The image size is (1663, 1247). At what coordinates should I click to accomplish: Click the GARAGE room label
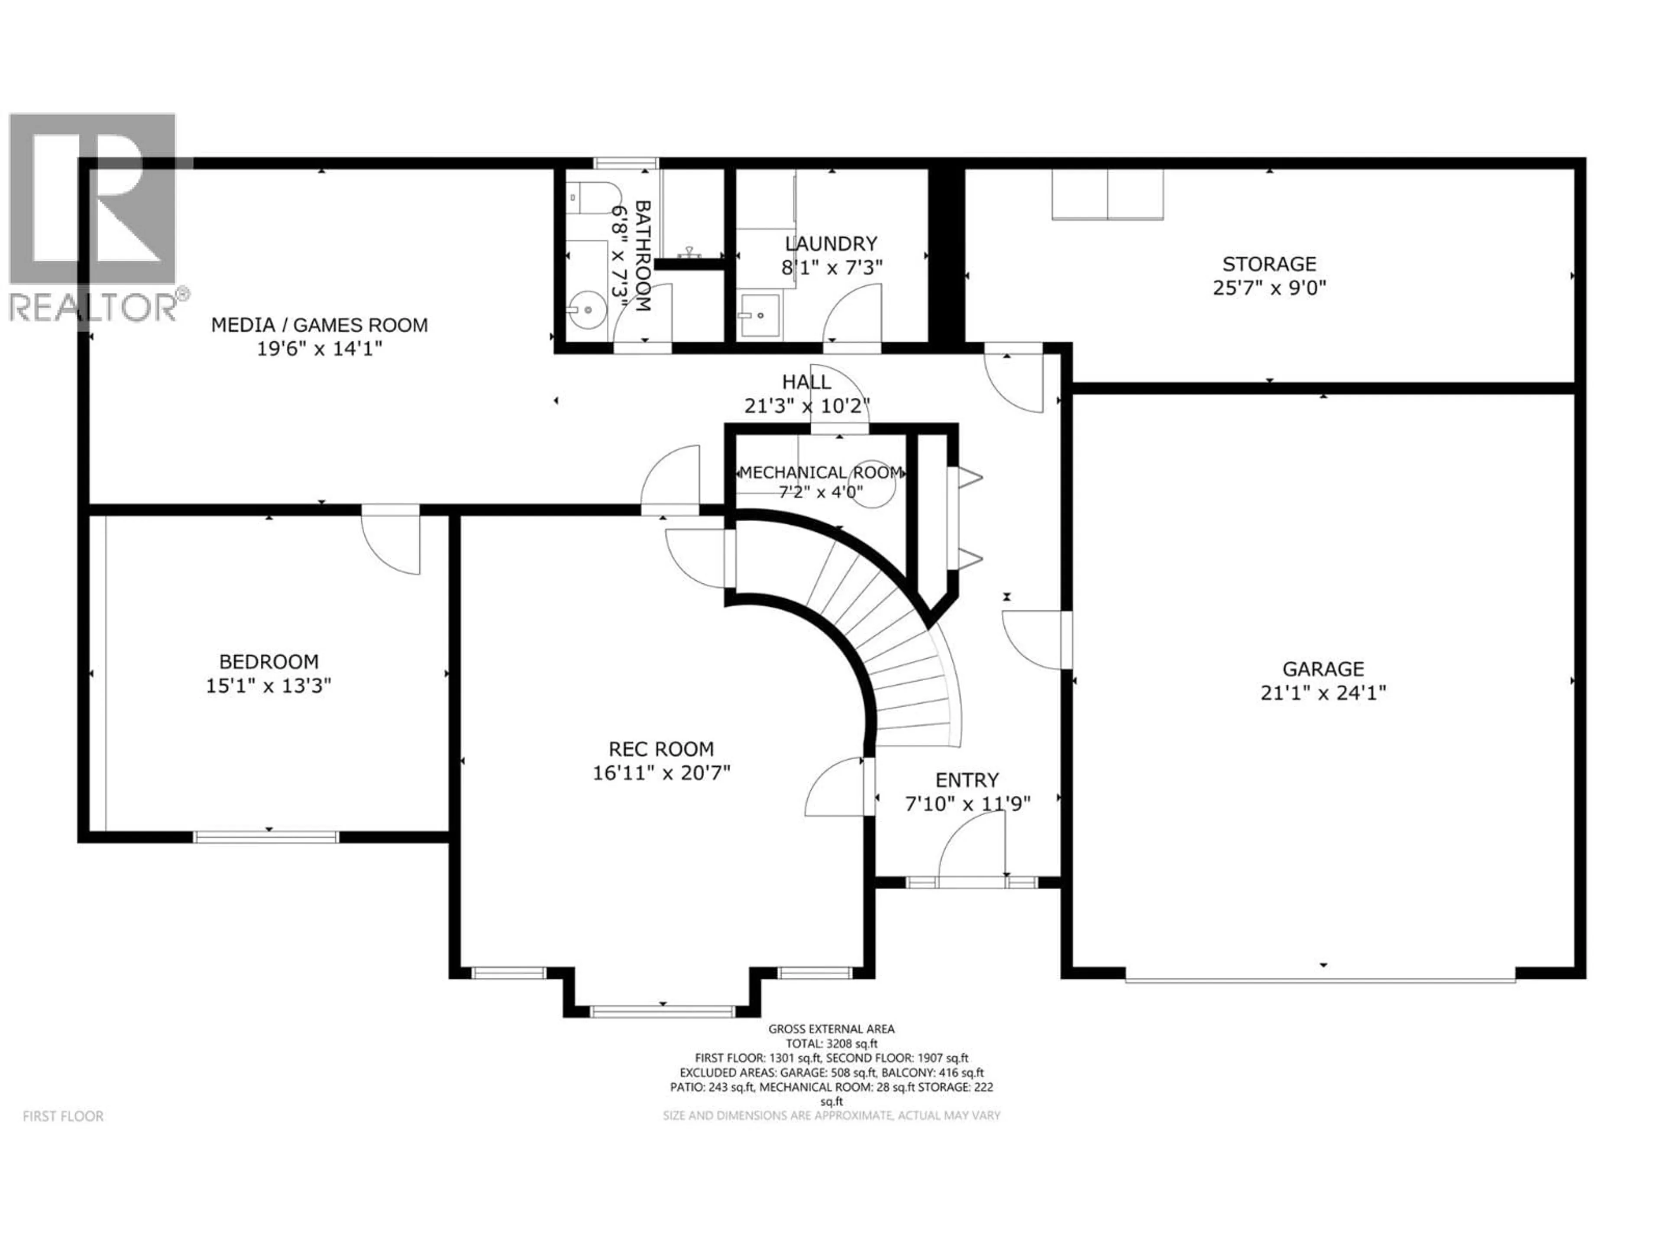pyautogui.click(x=1323, y=668)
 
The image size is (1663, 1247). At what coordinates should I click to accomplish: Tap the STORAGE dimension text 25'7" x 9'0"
pyautogui.click(x=1269, y=288)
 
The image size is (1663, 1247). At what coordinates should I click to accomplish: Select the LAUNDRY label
pyautogui.click(x=831, y=243)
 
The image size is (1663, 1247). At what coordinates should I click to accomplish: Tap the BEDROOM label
pyautogui.click(x=269, y=662)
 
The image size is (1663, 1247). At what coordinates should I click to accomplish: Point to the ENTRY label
pyautogui.click(x=967, y=779)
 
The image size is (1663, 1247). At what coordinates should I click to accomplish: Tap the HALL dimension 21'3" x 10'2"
pyautogui.click(x=807, y=406)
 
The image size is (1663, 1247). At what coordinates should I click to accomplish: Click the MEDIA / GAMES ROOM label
pyautogui.click(x=320, y=325)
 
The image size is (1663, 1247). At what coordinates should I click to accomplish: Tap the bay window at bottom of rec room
pyautogui.click(x=662, y=1012)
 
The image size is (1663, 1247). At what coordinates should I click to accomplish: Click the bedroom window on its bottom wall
pyautogui.click(x=266, y=837)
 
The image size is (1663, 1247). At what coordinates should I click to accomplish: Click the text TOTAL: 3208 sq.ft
pyautogui.click(x=831, y=1044)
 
